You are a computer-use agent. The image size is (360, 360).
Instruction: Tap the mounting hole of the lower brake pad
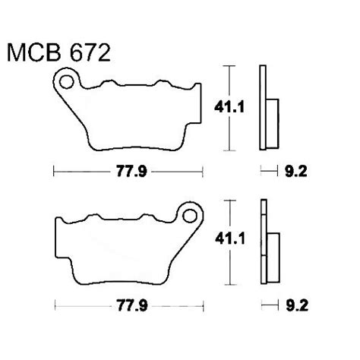[191, 213]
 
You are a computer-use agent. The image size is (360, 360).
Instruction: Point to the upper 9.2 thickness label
[296, 172]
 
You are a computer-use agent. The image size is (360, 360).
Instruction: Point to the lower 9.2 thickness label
[296, 307]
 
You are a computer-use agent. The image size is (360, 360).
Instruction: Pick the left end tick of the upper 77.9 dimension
[54, 172]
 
